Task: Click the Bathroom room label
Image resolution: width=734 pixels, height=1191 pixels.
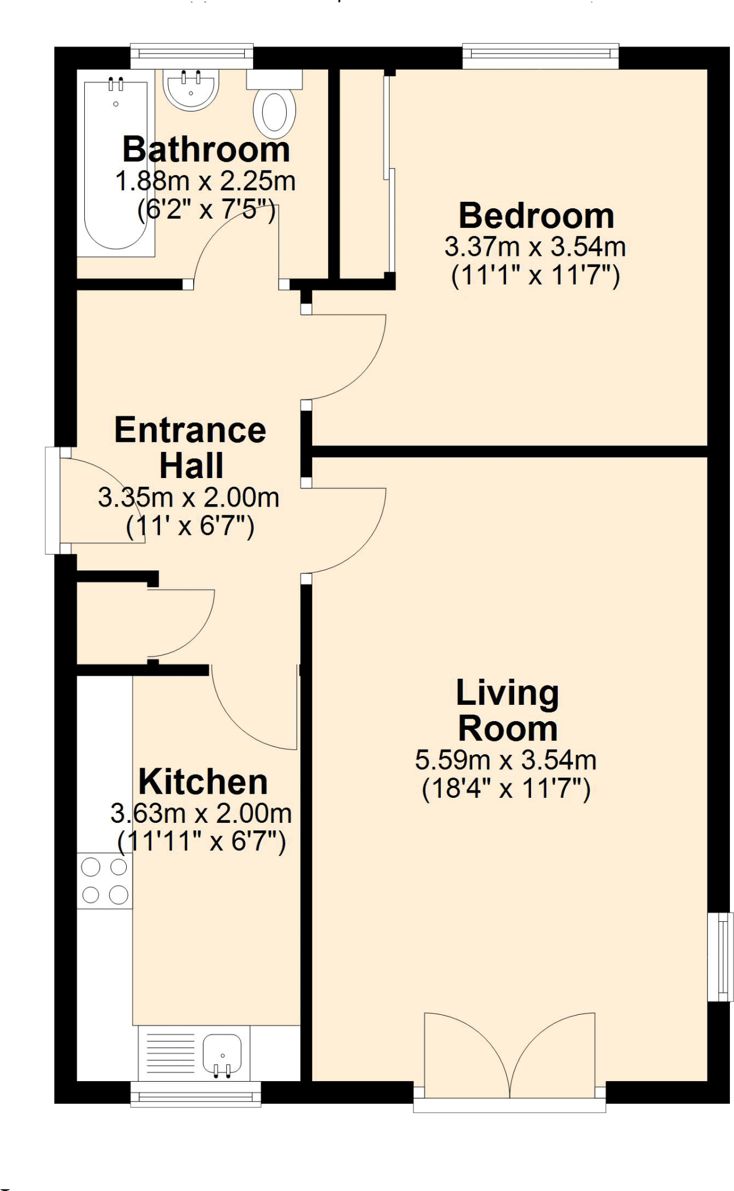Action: point(206,149)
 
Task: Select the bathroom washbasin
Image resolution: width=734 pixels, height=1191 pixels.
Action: point(191,90)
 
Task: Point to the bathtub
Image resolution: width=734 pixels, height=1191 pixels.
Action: point(116,166)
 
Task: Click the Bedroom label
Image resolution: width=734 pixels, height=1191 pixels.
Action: point(536,216)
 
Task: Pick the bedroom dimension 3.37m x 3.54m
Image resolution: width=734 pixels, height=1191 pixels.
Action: point(535,247)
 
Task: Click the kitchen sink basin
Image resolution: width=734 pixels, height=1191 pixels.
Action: point(222,1053)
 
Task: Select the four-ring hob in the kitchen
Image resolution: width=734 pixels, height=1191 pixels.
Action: point(105,880)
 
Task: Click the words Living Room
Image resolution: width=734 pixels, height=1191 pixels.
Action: point(507,711)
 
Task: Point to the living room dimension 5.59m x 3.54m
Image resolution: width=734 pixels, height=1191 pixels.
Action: point(506,760)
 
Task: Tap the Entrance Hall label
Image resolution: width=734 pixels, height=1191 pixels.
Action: point(190,447)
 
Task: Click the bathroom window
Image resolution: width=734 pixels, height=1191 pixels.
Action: point(192,56)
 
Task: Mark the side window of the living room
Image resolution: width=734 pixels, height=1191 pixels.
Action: point(720,957)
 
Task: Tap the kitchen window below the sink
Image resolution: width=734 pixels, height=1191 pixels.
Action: point(195,1094)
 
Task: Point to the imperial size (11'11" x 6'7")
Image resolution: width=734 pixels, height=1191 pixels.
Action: point(201,841)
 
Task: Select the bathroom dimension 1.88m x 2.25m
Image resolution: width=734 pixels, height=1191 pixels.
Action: point(206,181)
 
